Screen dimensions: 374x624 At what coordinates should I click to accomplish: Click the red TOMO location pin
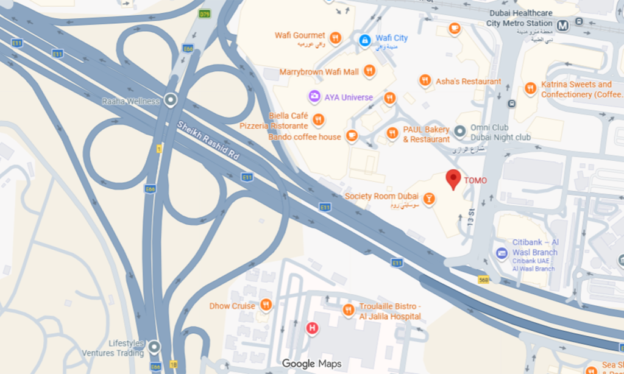(x=453, y=179)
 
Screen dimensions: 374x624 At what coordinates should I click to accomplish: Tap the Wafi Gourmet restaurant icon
(x=335, y=38)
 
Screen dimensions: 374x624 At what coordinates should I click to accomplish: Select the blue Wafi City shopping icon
(x=364, y=40)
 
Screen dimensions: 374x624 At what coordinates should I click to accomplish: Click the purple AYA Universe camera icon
(x=314, y=97)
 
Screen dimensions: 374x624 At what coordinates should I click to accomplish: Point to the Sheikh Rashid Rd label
(x=208, y=141)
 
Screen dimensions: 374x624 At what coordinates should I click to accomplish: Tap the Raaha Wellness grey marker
(x=171, y=100)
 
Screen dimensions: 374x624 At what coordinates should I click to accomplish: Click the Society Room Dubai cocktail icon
(x=430, y=198)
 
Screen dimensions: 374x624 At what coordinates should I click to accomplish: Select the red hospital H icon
(x=312, y=328)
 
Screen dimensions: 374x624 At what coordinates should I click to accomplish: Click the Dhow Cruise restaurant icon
(x=266, y=305)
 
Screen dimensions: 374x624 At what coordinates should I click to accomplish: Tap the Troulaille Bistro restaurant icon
(x=348, y=309)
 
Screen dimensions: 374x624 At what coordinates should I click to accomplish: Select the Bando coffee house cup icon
(x=352, y=136)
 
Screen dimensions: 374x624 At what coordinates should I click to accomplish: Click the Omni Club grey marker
(x=461, y=130)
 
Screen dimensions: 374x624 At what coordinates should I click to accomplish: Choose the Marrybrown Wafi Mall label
(x=319, y=72)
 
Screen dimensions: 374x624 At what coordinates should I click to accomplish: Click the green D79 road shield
(x=205, y=13)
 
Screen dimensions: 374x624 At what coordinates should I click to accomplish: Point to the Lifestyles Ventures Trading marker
(x=154, y=347)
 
